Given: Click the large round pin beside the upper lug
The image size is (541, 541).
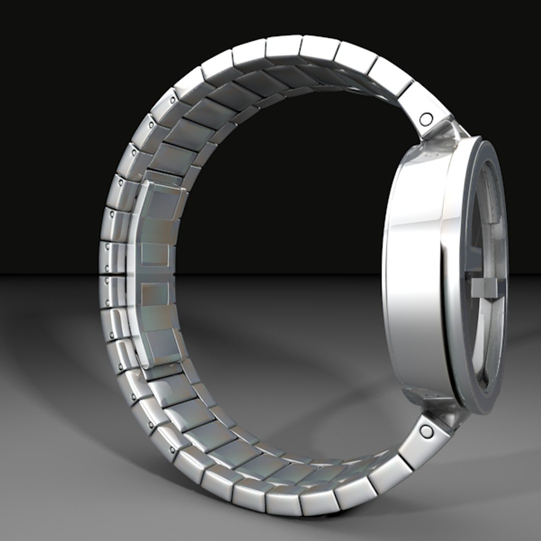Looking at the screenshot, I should (x=426, y=119).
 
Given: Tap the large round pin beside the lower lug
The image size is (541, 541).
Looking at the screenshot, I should (x=427, y=430).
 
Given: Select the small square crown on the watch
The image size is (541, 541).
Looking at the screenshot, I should (x=484, y=289).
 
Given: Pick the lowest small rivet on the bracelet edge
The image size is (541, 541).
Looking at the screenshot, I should (x=173, y=449).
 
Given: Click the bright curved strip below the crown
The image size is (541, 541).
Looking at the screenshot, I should (x=481, y=341).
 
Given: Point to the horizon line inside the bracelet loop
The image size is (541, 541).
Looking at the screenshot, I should (x=281, y=274).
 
